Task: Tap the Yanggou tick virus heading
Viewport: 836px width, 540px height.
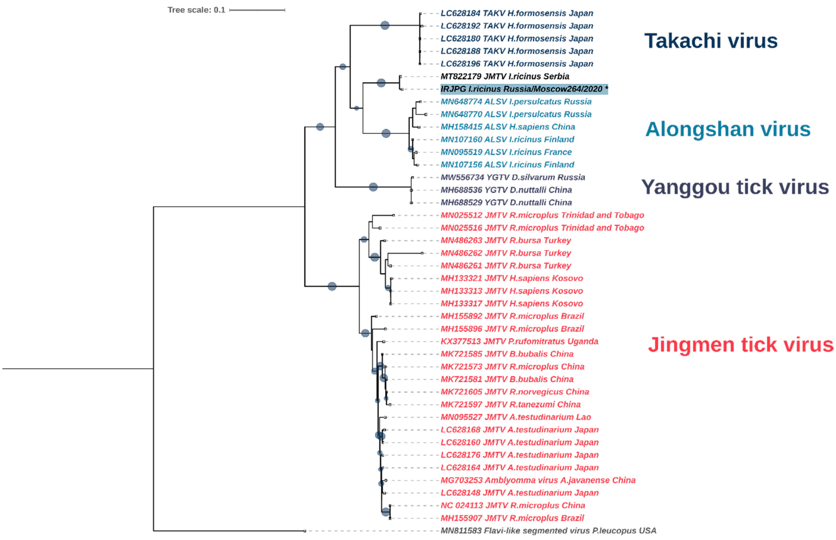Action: (x=735, y=187)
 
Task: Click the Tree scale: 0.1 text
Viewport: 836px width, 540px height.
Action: (x=196, y=10)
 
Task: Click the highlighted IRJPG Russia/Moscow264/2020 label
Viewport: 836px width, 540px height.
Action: (x=524, y=89)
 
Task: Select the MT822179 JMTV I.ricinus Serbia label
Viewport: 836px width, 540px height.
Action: (x=504, y=77)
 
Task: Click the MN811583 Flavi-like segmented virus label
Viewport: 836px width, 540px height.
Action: (x=548, y=531)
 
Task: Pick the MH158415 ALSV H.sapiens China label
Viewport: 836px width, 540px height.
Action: (x=507, y=127)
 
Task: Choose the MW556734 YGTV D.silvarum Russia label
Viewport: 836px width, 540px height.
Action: (x=512, y=177)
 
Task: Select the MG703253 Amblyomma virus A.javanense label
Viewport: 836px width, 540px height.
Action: (x=538, y=480)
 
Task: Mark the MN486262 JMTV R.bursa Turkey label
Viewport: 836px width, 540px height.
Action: (x=505, y=253)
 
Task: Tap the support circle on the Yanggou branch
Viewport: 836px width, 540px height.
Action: (x=373, y=187)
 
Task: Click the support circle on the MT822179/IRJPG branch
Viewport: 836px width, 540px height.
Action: (x=381, y=83)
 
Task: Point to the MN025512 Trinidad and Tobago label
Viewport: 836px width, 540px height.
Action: (x=542, y=215)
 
